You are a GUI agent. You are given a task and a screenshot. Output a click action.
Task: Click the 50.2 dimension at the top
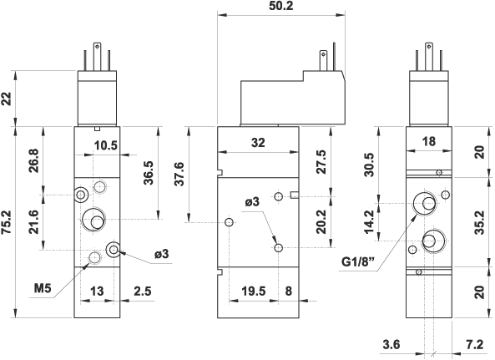(x=281, y=6)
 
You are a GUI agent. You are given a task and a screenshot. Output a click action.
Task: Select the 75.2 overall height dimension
(x=7, y=222)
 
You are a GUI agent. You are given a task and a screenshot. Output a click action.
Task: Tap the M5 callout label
(x=43, y=288)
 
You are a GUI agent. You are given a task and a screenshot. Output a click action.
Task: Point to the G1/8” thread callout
(x=358, y=261)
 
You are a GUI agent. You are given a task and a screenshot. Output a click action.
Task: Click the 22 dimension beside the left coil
(x=7, y=99)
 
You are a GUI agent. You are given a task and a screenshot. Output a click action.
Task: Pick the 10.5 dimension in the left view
(x=106, y=145)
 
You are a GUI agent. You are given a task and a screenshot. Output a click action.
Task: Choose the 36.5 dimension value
(x=148, y=173)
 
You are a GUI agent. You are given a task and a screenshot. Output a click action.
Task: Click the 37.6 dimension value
(x=179, y=174)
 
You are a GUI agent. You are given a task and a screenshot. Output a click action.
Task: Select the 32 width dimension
(x=258, y=143)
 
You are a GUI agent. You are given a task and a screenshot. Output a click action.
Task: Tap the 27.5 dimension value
(x=321, y=162)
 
